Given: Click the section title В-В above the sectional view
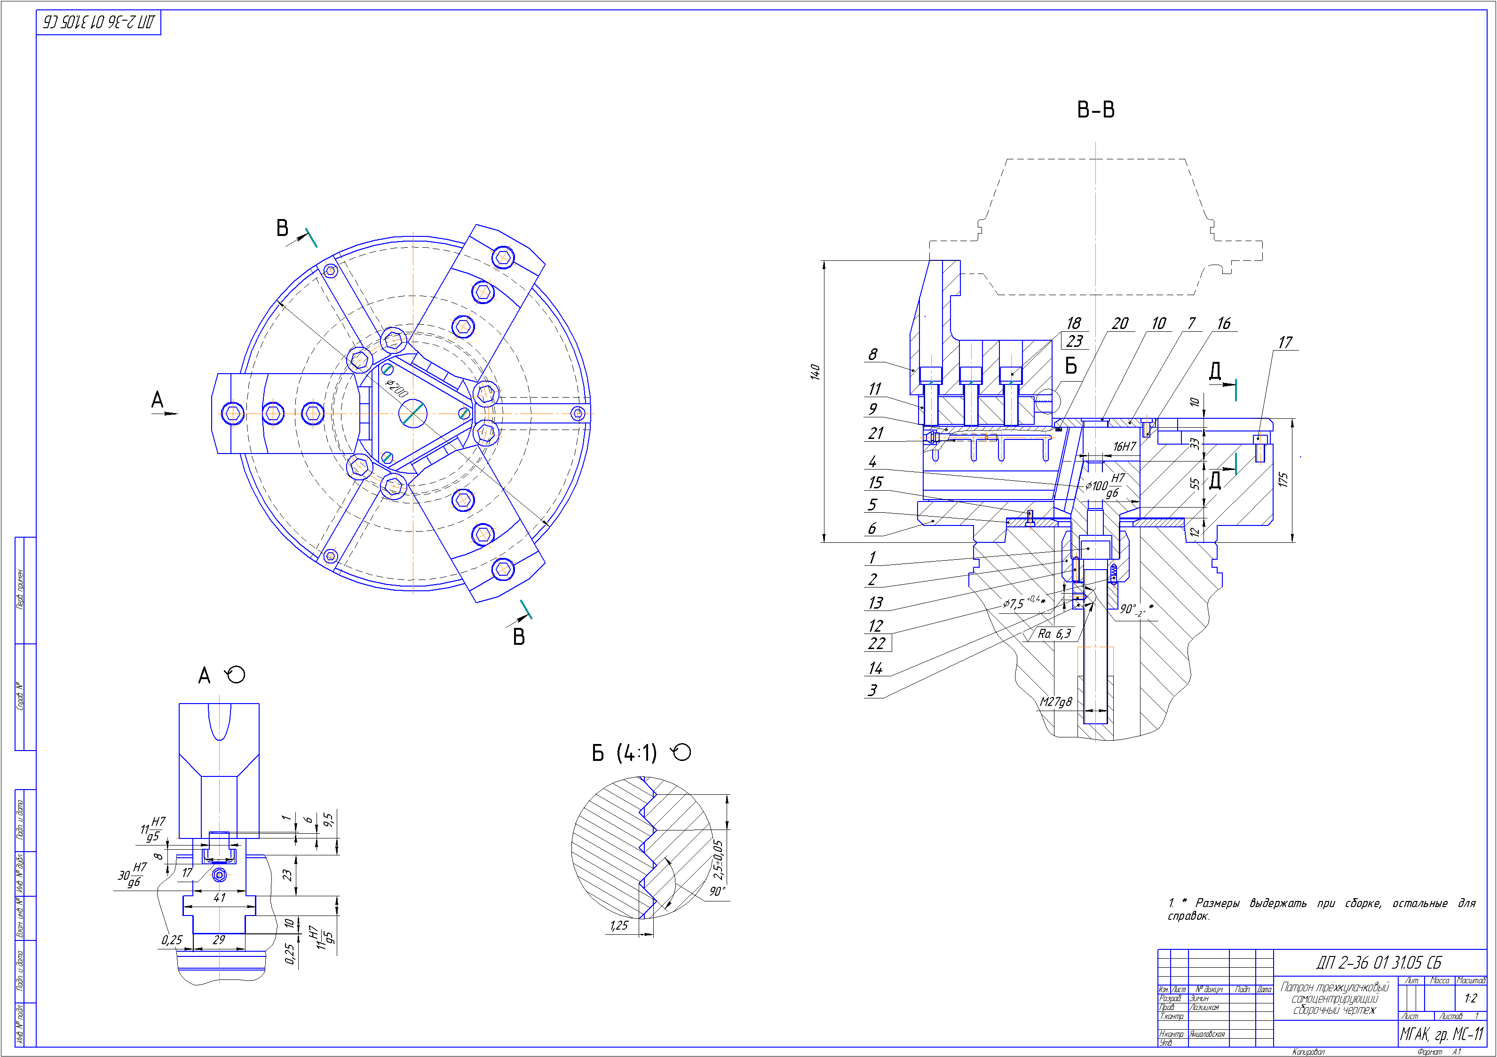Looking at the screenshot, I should [x=1095, y=110].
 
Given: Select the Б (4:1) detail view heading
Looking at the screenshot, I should [x=624, y=753].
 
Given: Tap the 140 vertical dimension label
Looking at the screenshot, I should [x=815, y=372].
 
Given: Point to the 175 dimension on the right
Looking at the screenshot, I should [x=1283, y=480].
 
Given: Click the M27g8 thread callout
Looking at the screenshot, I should [x=1055, y=702].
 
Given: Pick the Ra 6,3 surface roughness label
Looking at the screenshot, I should [x=1054, y=634].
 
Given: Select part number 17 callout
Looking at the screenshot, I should [x=1284, y=342].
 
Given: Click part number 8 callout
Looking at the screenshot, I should [x=872, y=354].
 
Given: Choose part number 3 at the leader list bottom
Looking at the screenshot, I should [x=872, y=690].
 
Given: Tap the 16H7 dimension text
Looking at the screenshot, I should [x=1124, y=446].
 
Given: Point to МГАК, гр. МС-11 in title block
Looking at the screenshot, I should [x=1442, y=1034].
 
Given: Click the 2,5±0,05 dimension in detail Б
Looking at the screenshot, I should [x=718, y=859].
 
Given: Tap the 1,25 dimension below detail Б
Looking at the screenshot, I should [x=619, y=925].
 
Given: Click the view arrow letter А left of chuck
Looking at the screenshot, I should [x=157, y=399].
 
